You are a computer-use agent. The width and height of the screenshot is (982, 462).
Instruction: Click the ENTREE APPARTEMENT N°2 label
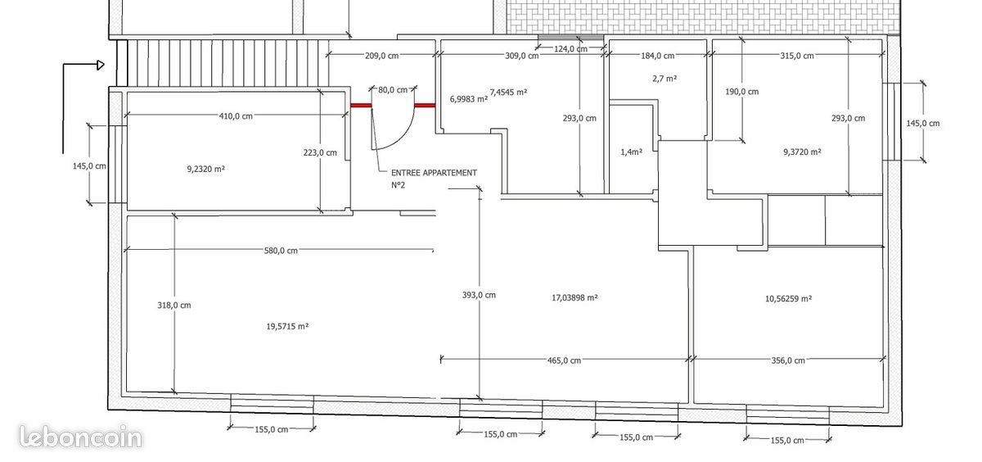point(434,179)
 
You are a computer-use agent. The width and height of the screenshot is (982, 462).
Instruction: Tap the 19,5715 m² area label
point(287,326)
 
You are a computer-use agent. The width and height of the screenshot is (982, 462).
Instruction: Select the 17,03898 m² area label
point(574,298)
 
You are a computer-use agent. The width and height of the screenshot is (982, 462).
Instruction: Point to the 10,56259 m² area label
point(788,299)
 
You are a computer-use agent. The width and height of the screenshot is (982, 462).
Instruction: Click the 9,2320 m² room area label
point(206,169)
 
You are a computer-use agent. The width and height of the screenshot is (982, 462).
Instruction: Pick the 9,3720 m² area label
point(802,152)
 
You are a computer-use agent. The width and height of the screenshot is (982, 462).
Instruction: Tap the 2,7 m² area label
point(664,79)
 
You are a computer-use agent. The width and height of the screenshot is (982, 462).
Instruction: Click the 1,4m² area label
point(631,152)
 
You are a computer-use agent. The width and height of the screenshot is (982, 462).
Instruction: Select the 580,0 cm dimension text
point(281,251)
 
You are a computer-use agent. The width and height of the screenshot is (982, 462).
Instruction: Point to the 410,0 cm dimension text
point(236,116)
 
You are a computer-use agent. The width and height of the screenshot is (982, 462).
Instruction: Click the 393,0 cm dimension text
point(479,295)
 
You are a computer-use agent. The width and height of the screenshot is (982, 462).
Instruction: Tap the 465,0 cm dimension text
point(564,360)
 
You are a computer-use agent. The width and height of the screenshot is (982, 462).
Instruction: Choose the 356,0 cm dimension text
point(788,360)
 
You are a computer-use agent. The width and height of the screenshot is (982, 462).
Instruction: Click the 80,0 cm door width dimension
point(393,90)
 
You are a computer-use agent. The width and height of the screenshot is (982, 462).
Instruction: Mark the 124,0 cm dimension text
point(571,48)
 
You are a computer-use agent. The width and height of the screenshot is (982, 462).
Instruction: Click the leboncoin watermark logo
point(81,437)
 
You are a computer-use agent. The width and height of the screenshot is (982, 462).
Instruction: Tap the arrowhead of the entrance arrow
point(101,65)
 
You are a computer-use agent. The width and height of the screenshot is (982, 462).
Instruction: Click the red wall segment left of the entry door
point(361,106)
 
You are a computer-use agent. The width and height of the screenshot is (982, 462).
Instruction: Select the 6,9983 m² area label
point(469,99)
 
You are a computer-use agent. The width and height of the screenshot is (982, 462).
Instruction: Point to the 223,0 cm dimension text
point(320,152)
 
